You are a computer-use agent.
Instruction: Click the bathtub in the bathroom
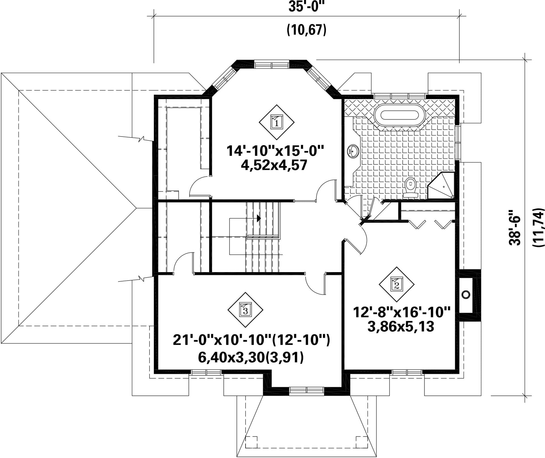pyautogui.click(x=400, y=115)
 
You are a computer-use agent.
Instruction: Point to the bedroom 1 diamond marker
pyautogui.click(x=277, y=122)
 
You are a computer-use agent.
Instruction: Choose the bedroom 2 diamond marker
pyautogui.click(x=397, y=284)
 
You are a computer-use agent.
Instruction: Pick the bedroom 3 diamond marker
pyautogui.click(x=245, y=310)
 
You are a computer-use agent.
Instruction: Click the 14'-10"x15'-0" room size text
pyautogui.click(x=276, y=150)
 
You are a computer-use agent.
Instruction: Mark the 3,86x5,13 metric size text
pyautogui.click(x=401, y=327)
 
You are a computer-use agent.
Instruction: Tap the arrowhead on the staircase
pyautogui.click(x=259, y=218)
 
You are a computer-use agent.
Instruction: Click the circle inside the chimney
pyautogui.click(x=466, y=294)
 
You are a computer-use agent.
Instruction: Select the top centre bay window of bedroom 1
pyautogui.click(x=272, y=65)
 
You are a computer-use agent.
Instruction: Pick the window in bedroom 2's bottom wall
pyautogui.click(x=407, y=372)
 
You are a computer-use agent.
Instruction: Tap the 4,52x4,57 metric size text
pyautogui.click(x=274, y=165)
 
